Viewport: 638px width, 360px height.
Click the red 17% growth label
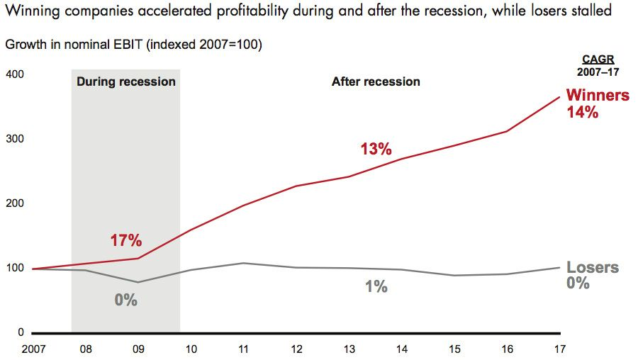click(x=125, y=240)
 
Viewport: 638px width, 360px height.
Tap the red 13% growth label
click(x=376, y=150)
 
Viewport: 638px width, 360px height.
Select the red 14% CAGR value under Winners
click(x=583, y=112)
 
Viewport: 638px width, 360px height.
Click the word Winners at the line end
click(x=598, y=96)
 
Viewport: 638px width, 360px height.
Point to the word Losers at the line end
click(x=593, y=268)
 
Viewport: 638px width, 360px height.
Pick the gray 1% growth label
click(x=376, y=287)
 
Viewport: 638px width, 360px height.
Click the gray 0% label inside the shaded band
click(x=125, y=300)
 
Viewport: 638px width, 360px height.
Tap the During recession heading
click(x=126, y=81)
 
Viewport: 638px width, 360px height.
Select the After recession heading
click(x=376, y=81)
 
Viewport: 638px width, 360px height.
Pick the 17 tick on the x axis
click(x=560, y=348)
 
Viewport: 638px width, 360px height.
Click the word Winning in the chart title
click(x=28, y=11)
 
